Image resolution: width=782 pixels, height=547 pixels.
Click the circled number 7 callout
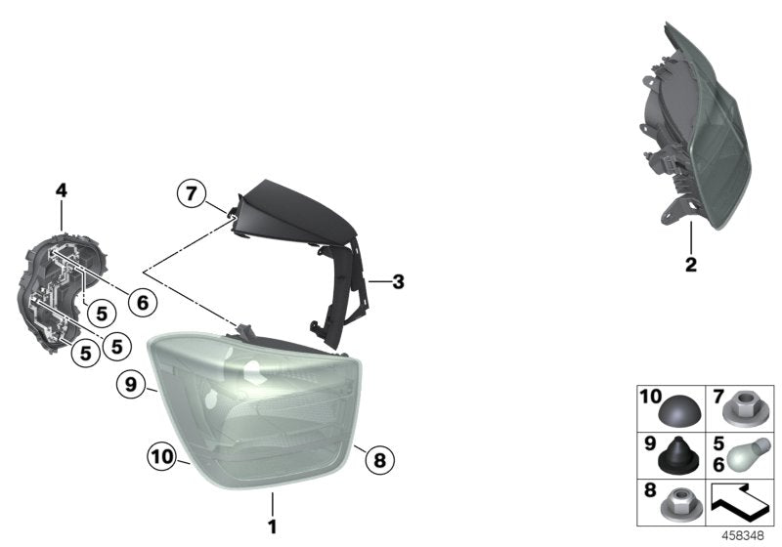(x=192, y=192)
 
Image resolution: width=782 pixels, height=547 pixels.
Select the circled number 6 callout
(x=143, y=302)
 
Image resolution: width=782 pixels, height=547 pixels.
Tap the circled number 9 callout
(x=131, y=384)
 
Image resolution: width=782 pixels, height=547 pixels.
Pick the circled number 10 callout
(x=162, y=456)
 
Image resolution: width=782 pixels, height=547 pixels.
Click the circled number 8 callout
(x=379, y=459)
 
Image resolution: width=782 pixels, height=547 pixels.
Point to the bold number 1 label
(x=273, y=526)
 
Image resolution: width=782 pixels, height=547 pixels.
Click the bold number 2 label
(x=691, y=265)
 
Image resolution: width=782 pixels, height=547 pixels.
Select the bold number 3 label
(x=398, y=282)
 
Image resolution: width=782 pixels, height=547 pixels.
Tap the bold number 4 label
(x=61, y=190)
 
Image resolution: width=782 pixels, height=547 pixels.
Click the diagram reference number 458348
(x=743, y=536)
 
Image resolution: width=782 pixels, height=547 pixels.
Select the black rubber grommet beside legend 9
(x=680, y=456)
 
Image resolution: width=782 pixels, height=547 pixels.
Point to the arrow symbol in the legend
(x=739, y=502)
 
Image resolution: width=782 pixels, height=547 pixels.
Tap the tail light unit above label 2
(x=694, y=126)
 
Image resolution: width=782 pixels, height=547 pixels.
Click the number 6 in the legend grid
(x=718, y=464)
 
